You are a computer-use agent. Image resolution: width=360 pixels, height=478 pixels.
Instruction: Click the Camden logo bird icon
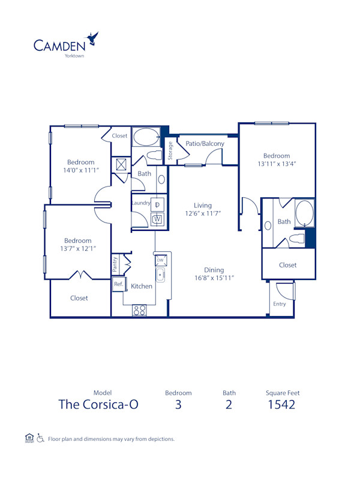coord(92,39)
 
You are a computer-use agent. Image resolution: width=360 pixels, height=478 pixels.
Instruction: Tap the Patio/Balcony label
coord(205,143)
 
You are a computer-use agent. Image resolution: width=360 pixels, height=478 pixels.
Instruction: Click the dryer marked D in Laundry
coord(157,205)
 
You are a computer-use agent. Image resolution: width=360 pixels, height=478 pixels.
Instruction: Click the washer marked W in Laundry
coord(157,220)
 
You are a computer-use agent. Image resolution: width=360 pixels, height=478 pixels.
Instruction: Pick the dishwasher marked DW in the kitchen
coord(160,260)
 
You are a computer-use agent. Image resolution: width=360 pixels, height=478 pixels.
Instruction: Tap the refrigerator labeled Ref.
coord(119,284)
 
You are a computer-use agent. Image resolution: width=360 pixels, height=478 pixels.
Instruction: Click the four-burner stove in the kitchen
coord(139,310)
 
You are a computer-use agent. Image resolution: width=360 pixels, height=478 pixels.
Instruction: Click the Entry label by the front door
coord(280,304)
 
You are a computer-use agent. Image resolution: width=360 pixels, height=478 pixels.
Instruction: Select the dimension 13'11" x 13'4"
coord(277,163)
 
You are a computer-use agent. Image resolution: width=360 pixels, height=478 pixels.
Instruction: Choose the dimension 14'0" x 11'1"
coord(80,170)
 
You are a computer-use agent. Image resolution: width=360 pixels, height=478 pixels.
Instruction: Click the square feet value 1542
coord(282,404)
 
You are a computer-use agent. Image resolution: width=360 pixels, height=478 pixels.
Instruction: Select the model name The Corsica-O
coord(98,404)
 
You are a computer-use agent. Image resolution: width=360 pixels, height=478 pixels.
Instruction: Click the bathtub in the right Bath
coord(304,213)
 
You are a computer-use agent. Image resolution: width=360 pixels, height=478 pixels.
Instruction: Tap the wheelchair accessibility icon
coord(40,438)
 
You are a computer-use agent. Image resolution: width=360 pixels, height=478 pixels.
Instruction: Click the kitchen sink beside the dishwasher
coord(160,275)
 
